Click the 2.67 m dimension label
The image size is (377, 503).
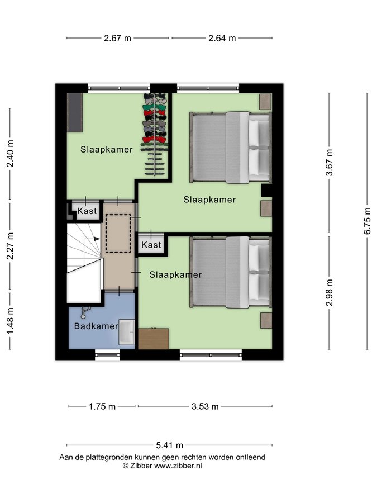pos(117,38)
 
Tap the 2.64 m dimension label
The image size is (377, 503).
pos(222,38)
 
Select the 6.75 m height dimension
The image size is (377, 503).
pos(368,221)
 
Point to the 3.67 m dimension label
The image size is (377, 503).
pos(329,163)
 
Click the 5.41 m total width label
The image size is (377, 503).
pos(169,445)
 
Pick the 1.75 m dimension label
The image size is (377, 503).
pos(102,406)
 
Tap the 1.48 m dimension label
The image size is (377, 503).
pos(10,320)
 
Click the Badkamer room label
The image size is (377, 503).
pos(96,326)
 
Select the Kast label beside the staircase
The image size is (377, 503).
pos(87,211)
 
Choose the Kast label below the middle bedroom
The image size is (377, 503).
pos(151,245)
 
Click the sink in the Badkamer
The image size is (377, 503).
pos(127,332)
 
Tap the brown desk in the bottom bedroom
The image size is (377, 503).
pos(154,339)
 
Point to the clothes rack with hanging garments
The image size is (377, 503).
pos(155,134)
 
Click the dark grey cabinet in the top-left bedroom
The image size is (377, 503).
pos(75,112)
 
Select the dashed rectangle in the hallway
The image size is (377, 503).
pos(118,233)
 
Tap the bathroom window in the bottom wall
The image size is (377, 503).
pos(107,355)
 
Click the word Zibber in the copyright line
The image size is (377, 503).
pos(141,466)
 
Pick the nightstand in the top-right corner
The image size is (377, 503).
pos(265,102)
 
